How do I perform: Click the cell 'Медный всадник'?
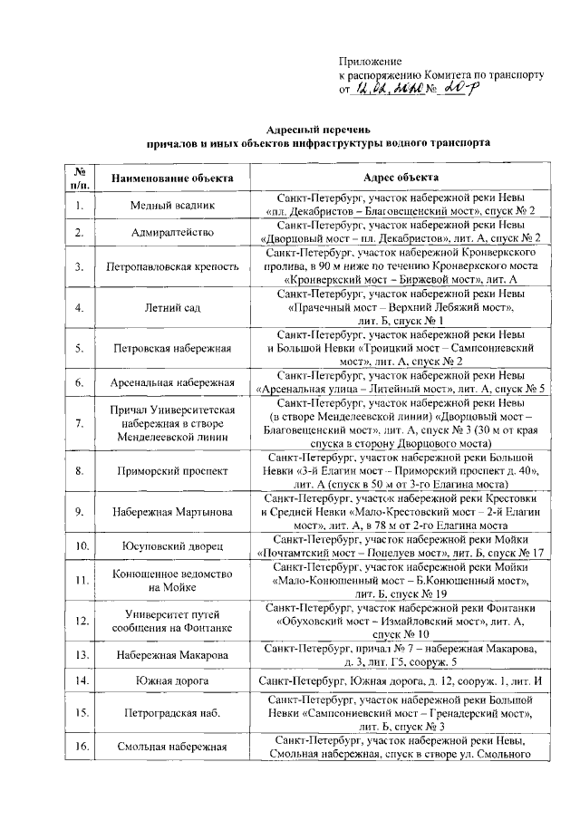(172, 206)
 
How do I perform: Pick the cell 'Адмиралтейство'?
(172, 233)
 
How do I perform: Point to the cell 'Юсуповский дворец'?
(172, 546)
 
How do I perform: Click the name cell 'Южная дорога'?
(172, 680)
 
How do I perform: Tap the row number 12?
(80, 621)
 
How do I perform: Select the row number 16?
(80, 747)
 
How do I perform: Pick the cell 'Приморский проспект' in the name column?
(172, 471)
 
